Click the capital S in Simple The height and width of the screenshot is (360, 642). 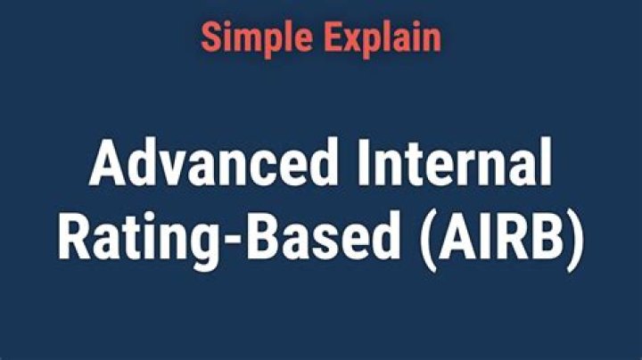pyautogui.click(x=210, y=37)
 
